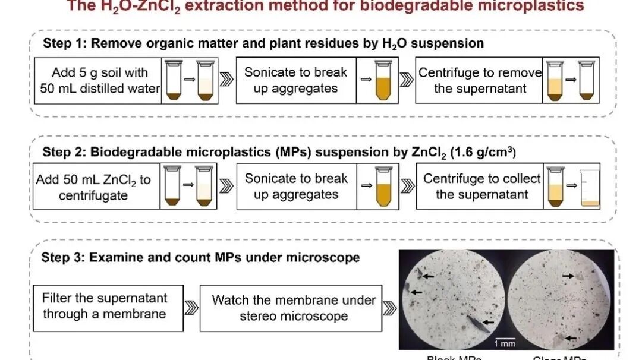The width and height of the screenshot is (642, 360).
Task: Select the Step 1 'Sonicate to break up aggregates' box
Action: coord(295,81)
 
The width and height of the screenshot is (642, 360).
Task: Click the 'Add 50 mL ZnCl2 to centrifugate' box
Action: coord(95,187)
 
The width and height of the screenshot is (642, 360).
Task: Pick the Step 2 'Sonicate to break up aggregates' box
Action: coord(295,187)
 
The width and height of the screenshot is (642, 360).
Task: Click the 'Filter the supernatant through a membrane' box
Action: coord(105,306)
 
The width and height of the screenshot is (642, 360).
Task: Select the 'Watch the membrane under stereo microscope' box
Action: coord(293,308)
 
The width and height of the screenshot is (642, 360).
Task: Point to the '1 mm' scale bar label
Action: coord(505,344)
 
